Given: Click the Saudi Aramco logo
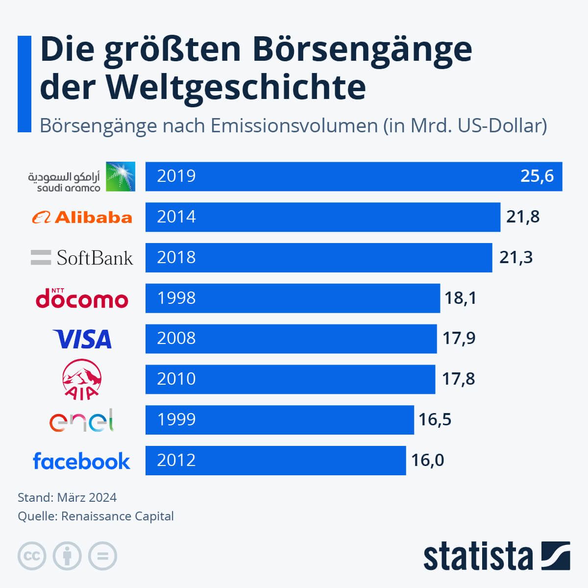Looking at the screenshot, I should click(81, 176).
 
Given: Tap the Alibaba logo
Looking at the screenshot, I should click(82, 217).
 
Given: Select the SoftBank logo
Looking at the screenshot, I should click(82, 258).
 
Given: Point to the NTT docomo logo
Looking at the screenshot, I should click(82, 298).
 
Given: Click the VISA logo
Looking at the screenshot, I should click(82, 339).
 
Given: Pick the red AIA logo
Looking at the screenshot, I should click(82, 379).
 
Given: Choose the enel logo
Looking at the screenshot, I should click(81, 420).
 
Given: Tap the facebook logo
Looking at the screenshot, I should click(81, 461).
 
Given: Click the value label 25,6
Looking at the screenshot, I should click(537, 176).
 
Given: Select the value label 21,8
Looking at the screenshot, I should click(523, 217).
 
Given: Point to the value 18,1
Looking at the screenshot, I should click(460, 298).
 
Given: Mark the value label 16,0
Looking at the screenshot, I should click(427, 460).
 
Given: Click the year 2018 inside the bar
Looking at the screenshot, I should click(176, 257).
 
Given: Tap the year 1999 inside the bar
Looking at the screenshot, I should click(176, 419).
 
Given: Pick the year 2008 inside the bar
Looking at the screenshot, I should click(176, 338).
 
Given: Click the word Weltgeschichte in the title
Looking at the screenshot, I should click(236, 87).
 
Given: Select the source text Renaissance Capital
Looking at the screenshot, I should click(118, 516).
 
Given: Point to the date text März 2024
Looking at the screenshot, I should click(87, 498).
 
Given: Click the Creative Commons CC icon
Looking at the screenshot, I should click(32, 556).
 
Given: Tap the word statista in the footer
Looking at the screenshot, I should click(478, 557).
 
